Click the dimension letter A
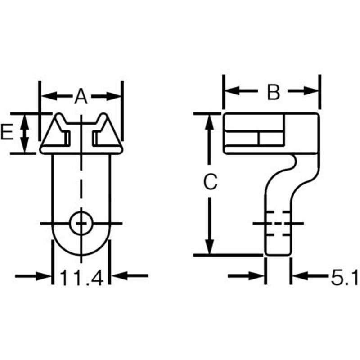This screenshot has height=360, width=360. pyautogui.click(x=81, y=97)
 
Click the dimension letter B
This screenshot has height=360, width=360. pyautogui.click(x=274, y=92)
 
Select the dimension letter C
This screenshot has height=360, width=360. pyautogui.click(x=210, y=182)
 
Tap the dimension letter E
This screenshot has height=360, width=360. pyautogui.click(x=7, y=132)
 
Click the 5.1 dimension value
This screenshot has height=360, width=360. pyautogui.click(x=344, y=278)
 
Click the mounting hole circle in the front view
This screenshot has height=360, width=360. pyautogui.click(x=81, y=223)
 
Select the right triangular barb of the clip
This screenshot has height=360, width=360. pyautogui.click(x=107, y=131)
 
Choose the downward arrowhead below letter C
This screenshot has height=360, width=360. pyautogui.click(x=209, y=246)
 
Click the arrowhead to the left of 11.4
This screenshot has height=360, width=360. pyautogui.click(x=44, y=275)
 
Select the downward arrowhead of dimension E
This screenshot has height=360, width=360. pyautogui.click(x=25, y=145)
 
